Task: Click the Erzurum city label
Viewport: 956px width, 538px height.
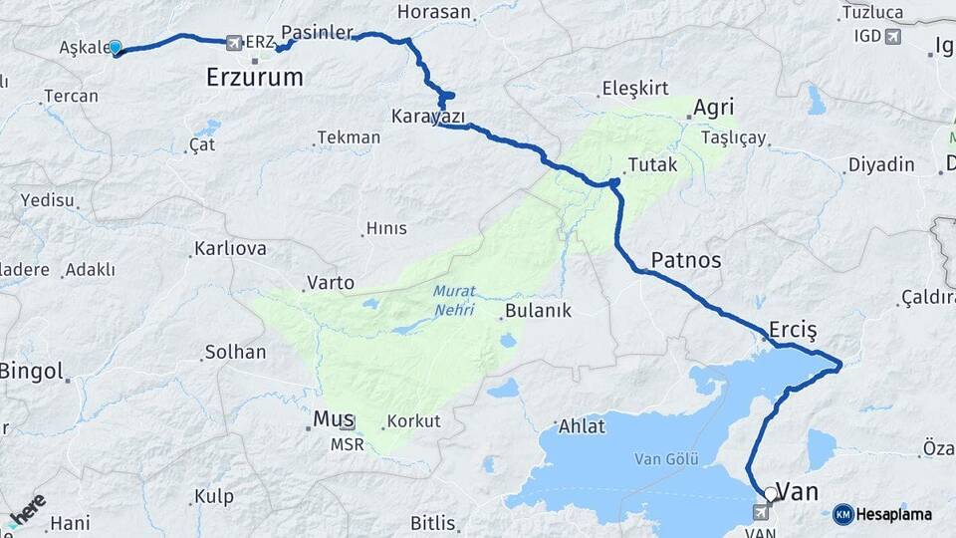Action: click(254, 76)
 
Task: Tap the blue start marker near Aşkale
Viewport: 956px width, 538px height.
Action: click(116, 47)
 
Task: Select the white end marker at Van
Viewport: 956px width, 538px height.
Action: click(770, 493)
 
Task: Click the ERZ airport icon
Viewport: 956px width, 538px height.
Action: click(234, 42)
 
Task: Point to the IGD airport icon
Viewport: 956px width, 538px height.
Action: click(891, 37)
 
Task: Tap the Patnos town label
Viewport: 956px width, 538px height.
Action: click(686, 260)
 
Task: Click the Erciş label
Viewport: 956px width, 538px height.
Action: click(793, 329)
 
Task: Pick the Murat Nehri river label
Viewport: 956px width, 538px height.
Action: click(454, 301)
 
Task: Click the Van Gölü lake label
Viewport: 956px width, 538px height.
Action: click(666, 459)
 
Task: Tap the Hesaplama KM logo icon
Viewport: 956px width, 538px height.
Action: click(842, 514)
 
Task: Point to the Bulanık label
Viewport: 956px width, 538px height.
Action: click(538, 310)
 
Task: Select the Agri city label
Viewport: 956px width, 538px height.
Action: click(713, 108)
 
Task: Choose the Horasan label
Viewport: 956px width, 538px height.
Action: click(433, 12)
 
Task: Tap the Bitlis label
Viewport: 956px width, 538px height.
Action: click(432, 523)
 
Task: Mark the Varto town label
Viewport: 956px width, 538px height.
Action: click(330, 283)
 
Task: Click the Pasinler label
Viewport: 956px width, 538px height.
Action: click(318, 32)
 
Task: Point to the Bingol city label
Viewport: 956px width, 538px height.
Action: click(30, 373)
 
